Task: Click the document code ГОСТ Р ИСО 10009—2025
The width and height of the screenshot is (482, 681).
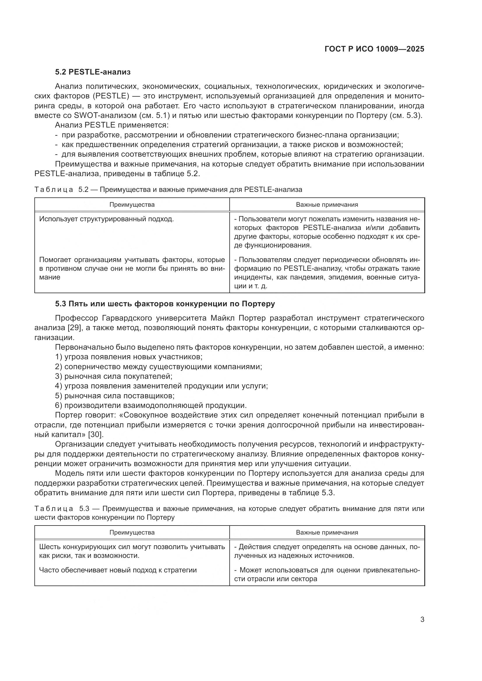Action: pyautogui.click(x=374, y=49)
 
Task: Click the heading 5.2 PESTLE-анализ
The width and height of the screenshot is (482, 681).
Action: pyautogui.click(x=93, y=72)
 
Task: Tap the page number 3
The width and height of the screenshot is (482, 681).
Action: pyautogui.click(x=422, y=620)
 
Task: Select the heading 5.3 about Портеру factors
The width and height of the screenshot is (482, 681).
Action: pyautogui.click(x=165, y=304)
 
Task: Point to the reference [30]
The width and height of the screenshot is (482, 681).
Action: pyautogui.click(x=95, y=435)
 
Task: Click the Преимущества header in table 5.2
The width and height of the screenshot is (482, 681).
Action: pyautogui.click(x=132, y=205)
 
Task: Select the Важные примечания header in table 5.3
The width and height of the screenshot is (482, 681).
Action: pyautogui.click(x=327, y=533)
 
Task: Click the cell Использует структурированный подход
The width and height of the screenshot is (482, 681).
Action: pyautogui.click(x=106, y=219)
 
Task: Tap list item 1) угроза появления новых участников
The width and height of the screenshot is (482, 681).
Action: pyautogui.click(x=129, y=357)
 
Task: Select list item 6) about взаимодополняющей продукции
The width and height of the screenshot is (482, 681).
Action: pyautogui.click(x=151, y=406)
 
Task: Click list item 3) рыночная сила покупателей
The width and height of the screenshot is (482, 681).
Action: pyautogui.click(x=114, y=376)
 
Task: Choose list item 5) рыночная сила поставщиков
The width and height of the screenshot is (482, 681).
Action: pyautogui.click(x=115, y=396)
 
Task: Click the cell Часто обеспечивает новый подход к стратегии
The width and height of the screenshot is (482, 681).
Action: pyautogui.click(x=118, y=570)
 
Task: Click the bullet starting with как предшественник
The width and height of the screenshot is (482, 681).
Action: pyautogui.click(x=228, y=145)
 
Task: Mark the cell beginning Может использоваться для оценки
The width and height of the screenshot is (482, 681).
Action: pyautogui.click(x=327, y=574)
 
